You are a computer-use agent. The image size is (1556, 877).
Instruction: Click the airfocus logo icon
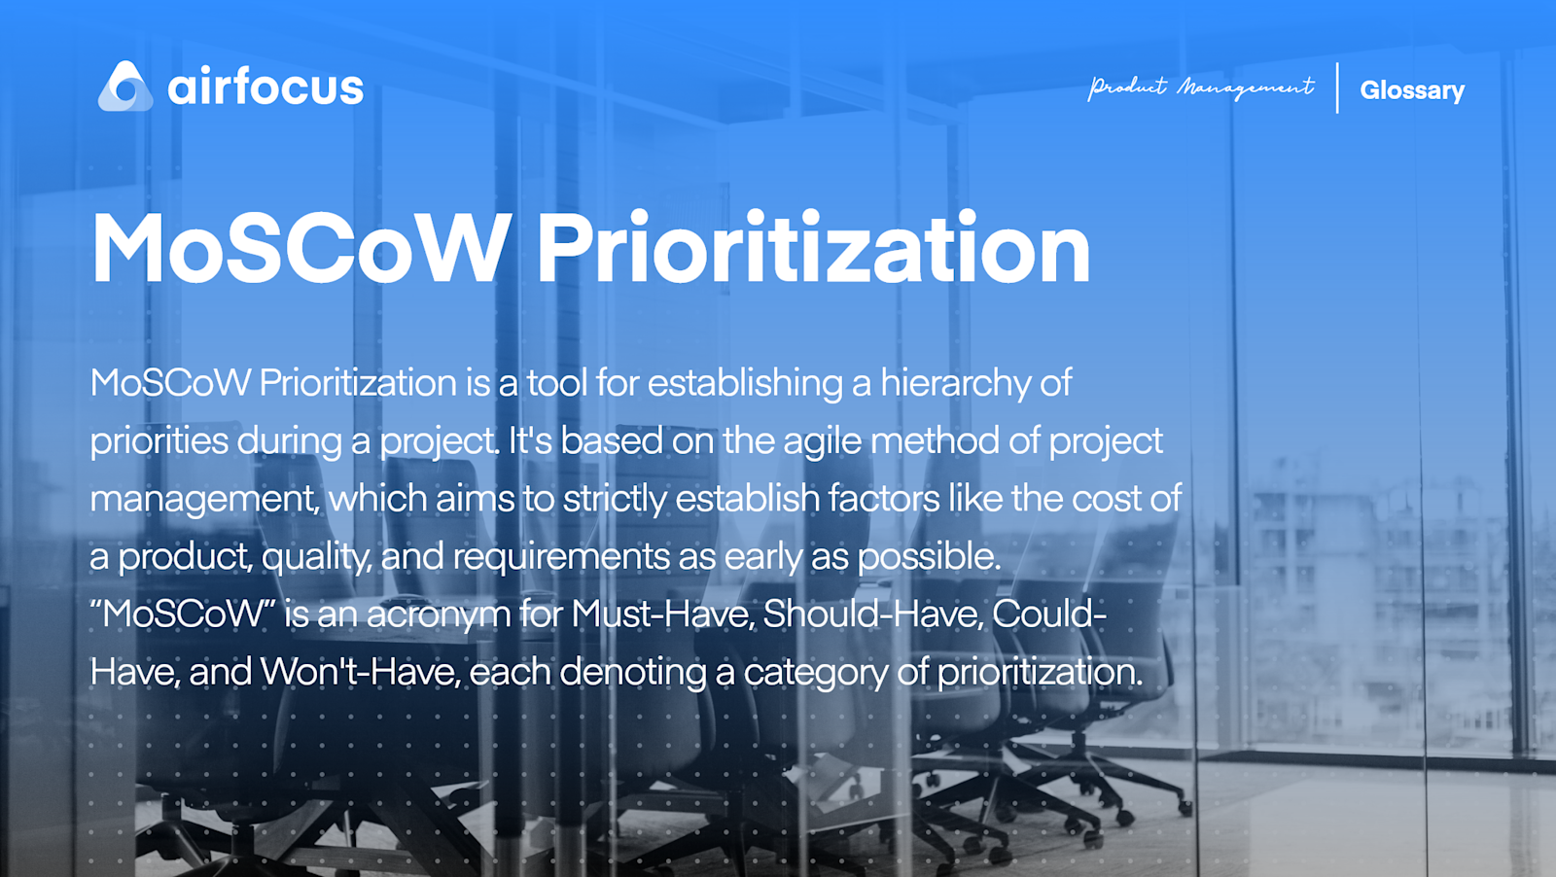pos(125,87)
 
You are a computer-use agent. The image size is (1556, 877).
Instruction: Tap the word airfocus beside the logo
pos(265,88)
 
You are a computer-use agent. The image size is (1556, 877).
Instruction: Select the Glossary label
pos(1411,90)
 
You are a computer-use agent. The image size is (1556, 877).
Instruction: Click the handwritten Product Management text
pos(1200,88)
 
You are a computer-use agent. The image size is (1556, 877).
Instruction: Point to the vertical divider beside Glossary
pos(1337,88)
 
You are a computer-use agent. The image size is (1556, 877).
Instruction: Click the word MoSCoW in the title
pos(301,249)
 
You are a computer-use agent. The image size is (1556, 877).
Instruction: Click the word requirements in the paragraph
pos(562,557)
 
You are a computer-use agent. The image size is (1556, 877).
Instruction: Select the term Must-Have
pos(661,614)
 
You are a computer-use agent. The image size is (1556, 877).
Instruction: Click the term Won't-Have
pos(360,672)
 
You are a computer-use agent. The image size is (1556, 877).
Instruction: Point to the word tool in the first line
pos(556,383)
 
